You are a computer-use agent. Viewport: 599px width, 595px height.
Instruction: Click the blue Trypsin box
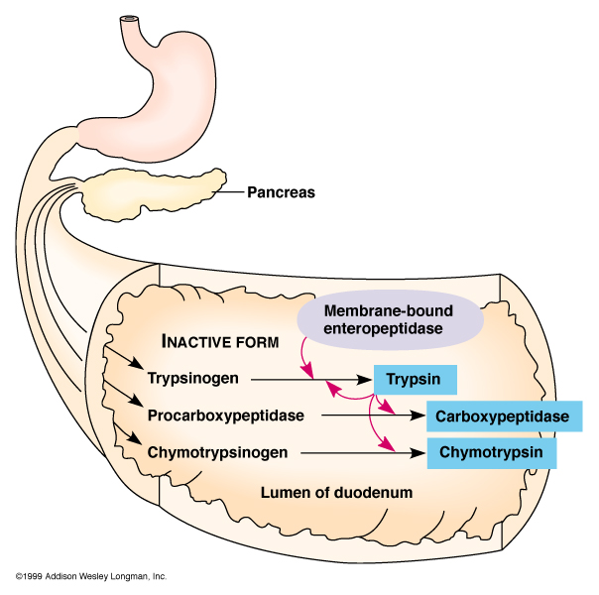coord(414,379)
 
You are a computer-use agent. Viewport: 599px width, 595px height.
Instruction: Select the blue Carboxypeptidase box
coord(502,416)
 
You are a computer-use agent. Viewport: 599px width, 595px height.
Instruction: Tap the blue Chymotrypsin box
coord(491,453)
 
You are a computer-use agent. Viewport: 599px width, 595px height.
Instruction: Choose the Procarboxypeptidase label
coord(225,416)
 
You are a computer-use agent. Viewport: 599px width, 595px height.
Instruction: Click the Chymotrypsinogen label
coord(217,453)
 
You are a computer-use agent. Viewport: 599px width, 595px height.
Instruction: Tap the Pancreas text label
coord(282,192)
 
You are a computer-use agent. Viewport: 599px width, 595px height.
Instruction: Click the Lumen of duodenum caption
coord(335,492)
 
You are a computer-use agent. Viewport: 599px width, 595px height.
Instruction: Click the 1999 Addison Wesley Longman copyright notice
coord(90,576)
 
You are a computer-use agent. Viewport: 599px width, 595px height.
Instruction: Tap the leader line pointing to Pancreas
coord(231,192)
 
